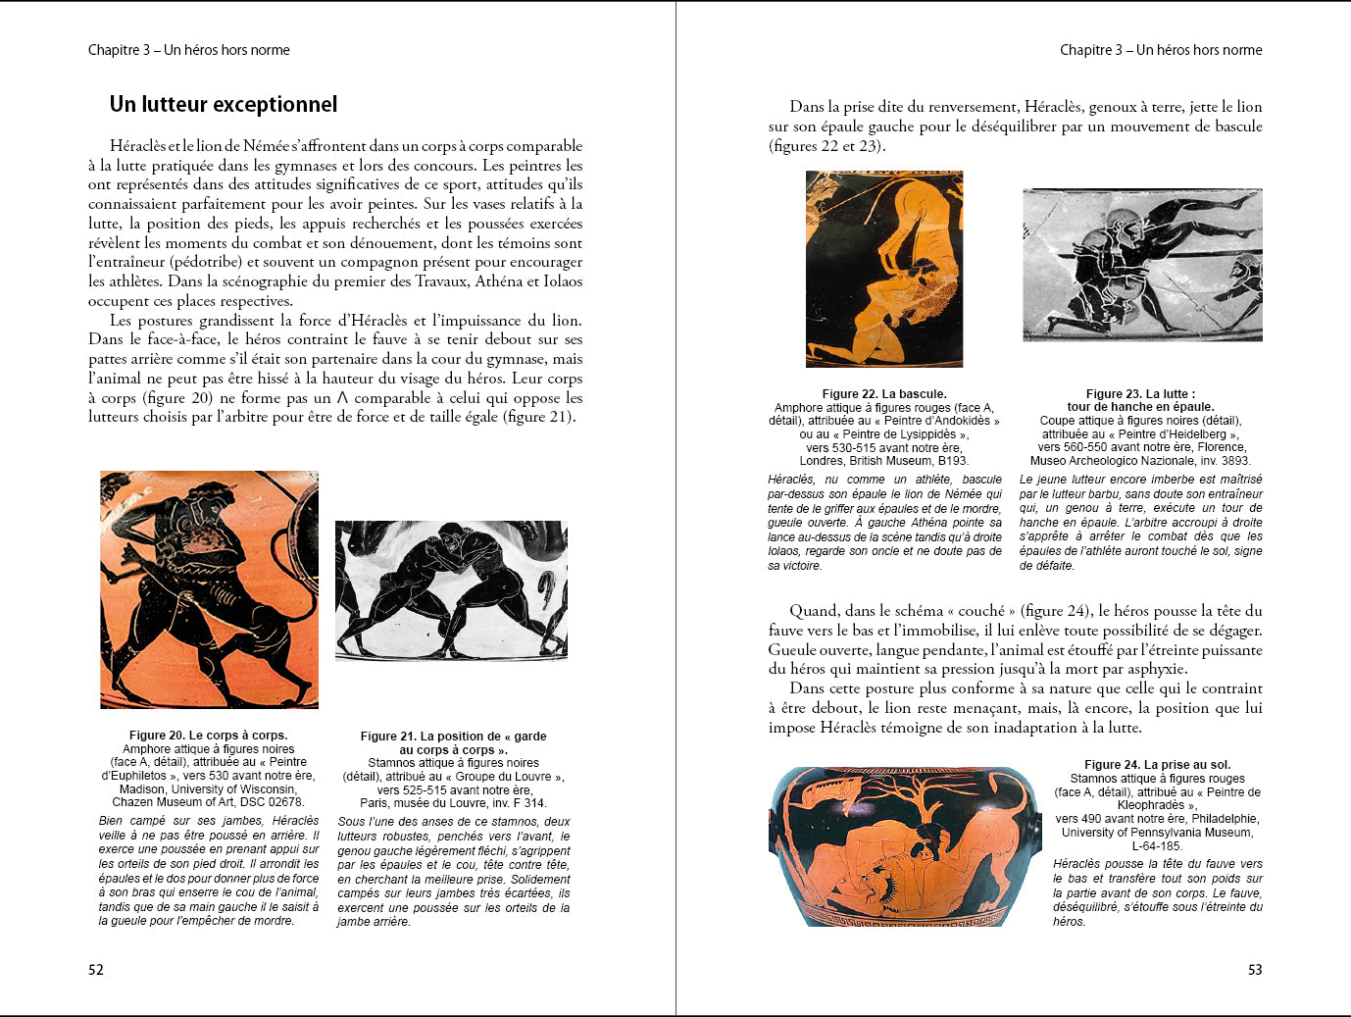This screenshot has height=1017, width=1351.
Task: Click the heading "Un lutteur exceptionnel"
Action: (x=224, y=105)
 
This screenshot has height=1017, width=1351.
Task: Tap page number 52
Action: (x=96, y=970)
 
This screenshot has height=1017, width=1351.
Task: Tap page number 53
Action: (x=1255, y=970)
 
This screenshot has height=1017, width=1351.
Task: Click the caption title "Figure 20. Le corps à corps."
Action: (x=208, y=736)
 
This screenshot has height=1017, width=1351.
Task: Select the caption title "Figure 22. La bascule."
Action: (x=884, y=394)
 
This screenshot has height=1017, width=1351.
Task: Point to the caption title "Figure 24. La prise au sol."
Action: (x=1157, y=765)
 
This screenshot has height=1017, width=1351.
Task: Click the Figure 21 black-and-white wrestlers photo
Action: (x=451, y=589)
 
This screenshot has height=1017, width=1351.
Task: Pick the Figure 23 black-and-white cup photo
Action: (x=1142, y=265)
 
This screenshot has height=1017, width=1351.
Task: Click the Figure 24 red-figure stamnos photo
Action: (x=904, y=846)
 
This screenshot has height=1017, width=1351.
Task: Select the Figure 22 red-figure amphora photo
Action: (x=884, y=269)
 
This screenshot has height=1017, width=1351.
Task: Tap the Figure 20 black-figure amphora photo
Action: (x=209, y=589)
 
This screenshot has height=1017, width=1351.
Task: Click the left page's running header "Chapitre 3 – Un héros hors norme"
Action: (x=189, y=50)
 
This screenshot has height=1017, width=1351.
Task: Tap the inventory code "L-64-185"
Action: (x=1157, y=846)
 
